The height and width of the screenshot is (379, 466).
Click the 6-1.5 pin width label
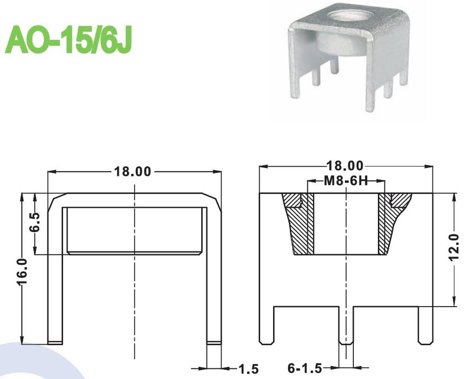tap(305, 368)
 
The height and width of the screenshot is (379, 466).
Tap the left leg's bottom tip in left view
tap(55, 342)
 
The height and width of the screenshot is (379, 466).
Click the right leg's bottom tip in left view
tap(215, 342)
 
